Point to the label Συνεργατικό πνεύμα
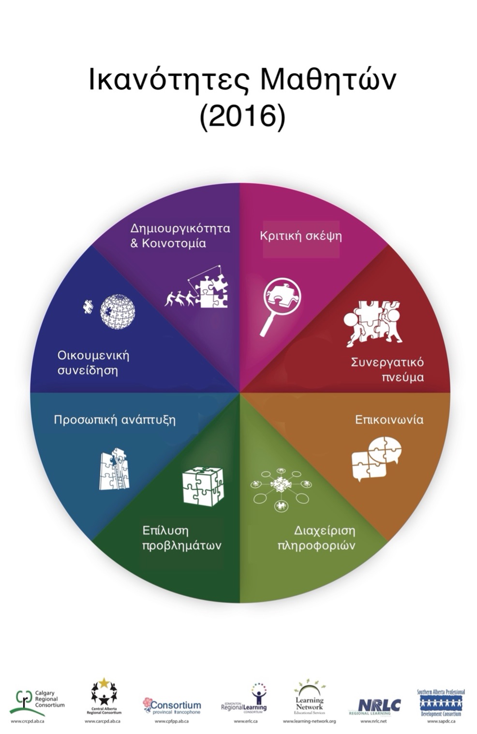(388, 369)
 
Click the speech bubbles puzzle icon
(376, 458)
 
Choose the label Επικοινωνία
(389, 419)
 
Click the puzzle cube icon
(203, 486)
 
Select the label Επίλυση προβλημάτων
(181, 538)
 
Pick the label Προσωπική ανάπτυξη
(114, 419)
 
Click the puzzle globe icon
(117, 312)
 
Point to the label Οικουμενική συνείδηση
(93, 363)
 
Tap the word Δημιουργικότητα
(180, 228)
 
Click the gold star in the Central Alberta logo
(104, 683)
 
